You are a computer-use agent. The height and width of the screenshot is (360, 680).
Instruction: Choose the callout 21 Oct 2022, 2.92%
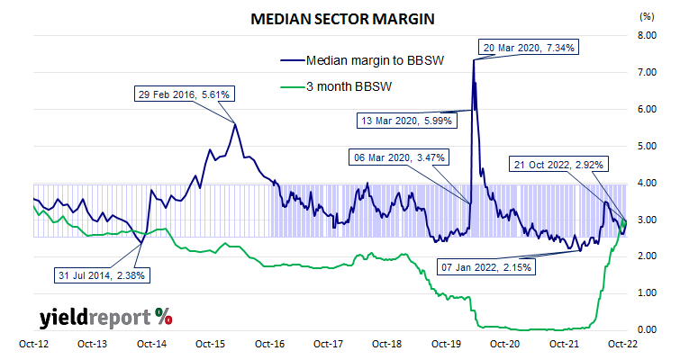(x=558, y=164)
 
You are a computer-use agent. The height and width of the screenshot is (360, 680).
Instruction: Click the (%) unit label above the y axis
(x=646, y=16)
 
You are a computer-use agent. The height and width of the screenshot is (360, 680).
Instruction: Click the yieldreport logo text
(x=95, y=317)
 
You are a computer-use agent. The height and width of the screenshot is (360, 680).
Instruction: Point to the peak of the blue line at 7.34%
(x=474, y=59)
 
